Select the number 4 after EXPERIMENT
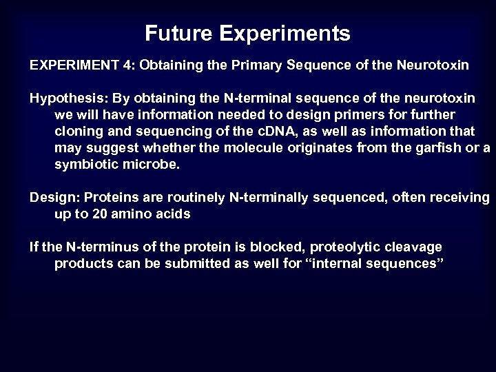[131, 65]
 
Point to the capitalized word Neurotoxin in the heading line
[433, 65]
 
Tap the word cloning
[78, 132]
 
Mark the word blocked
[269, 247]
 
